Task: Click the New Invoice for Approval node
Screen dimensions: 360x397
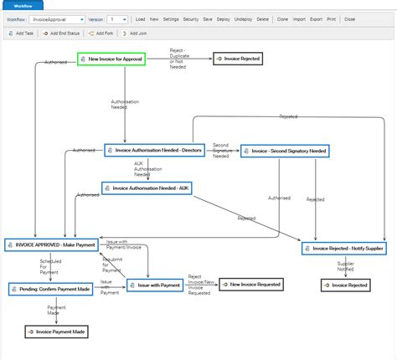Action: (111, 59)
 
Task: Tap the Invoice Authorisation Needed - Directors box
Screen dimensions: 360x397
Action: (148, 151)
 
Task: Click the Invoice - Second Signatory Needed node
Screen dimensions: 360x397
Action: (285, 152)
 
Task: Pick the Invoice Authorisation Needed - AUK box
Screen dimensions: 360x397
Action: (147, 188)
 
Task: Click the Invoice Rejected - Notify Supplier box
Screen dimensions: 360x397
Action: (344, 249)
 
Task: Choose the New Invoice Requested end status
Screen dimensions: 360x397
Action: (251, 285)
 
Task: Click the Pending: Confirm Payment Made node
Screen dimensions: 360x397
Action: (49, 288)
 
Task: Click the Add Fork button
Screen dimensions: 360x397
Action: (100, 33)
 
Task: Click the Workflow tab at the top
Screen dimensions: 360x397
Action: (22, 5)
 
